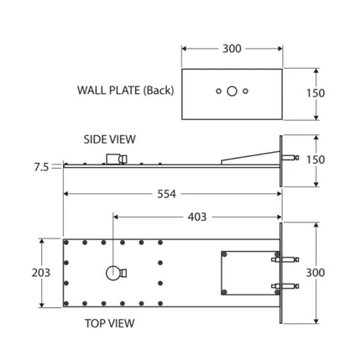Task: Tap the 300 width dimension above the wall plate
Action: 231,48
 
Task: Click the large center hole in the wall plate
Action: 231,90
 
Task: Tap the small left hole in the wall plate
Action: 217,90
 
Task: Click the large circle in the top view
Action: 111,272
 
